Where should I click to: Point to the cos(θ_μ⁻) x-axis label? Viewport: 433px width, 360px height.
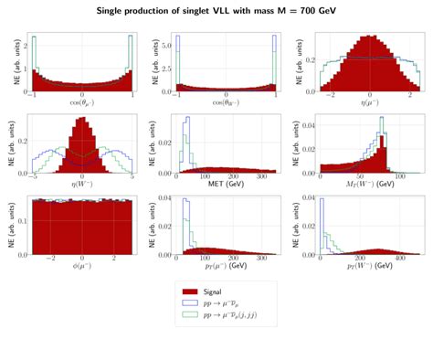pos(82,106)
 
